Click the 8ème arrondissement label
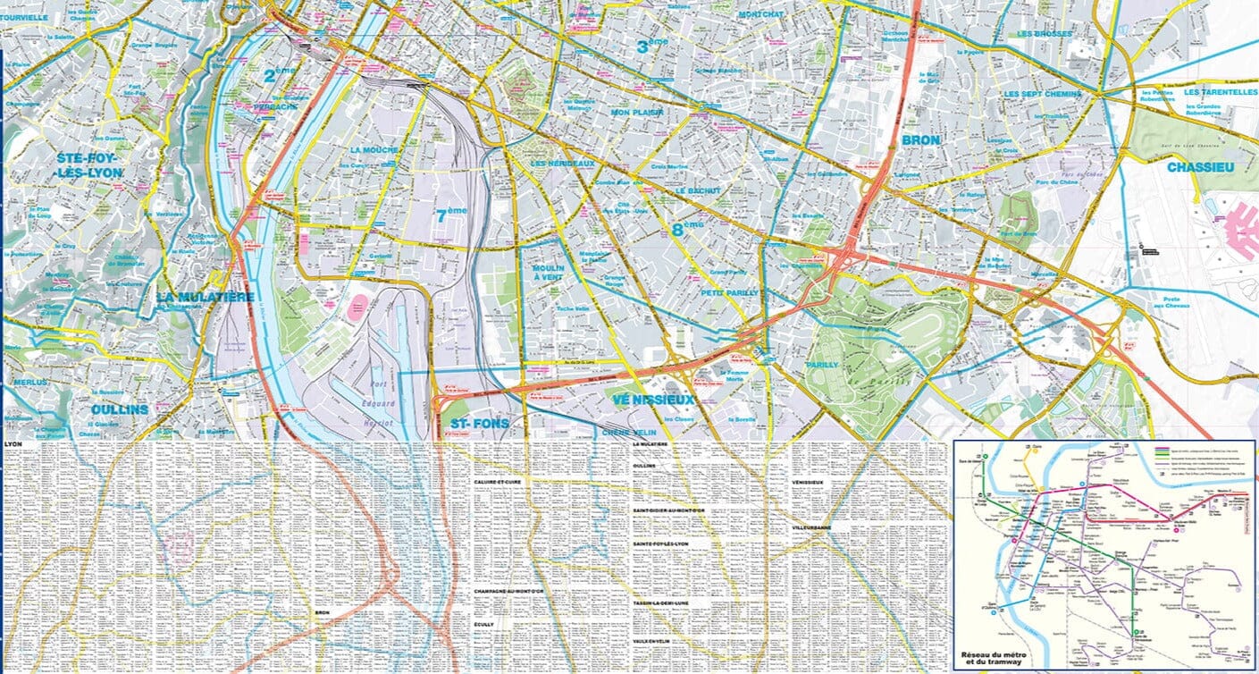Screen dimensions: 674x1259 click(687, 229)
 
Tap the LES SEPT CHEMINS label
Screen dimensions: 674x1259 click(1042, 94)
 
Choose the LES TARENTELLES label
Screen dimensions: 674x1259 click(1220, 92)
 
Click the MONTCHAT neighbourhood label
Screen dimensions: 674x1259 click(760, 15)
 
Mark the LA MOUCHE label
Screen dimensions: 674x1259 click(374, 150)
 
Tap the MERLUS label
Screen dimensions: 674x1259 click(30, 382)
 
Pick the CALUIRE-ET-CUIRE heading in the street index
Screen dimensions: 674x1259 click(498, 482)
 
